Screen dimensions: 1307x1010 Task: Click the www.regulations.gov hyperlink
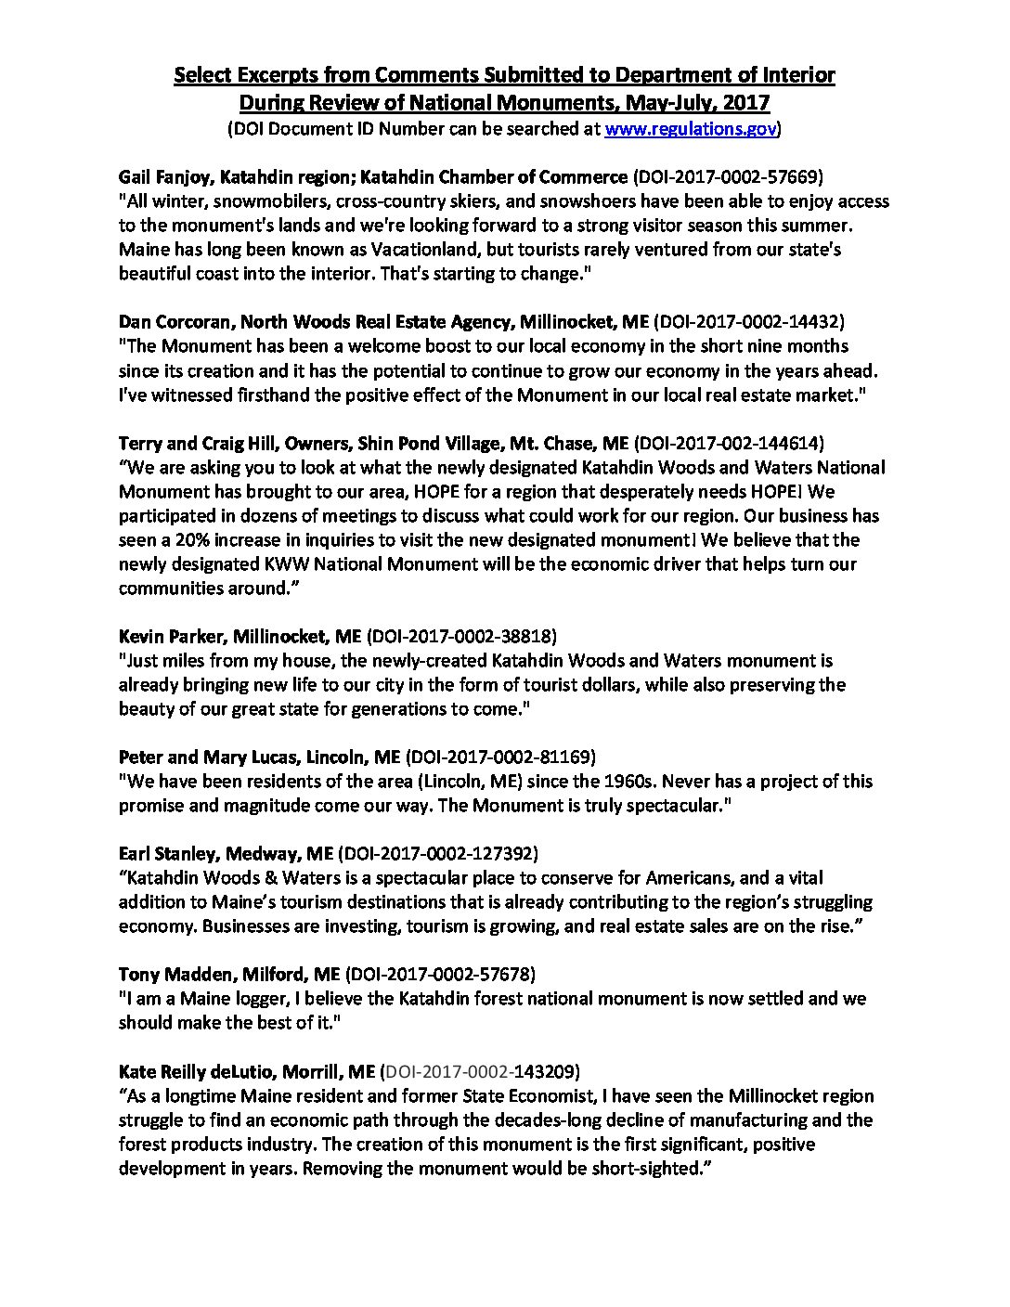pos(690,129)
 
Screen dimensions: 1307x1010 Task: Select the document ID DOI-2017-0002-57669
pos(738,177)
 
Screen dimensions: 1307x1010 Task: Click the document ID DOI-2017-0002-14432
pos(749,322)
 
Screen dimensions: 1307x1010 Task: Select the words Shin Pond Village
pos(435,443)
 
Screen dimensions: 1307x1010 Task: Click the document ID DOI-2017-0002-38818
pos(462,636)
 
